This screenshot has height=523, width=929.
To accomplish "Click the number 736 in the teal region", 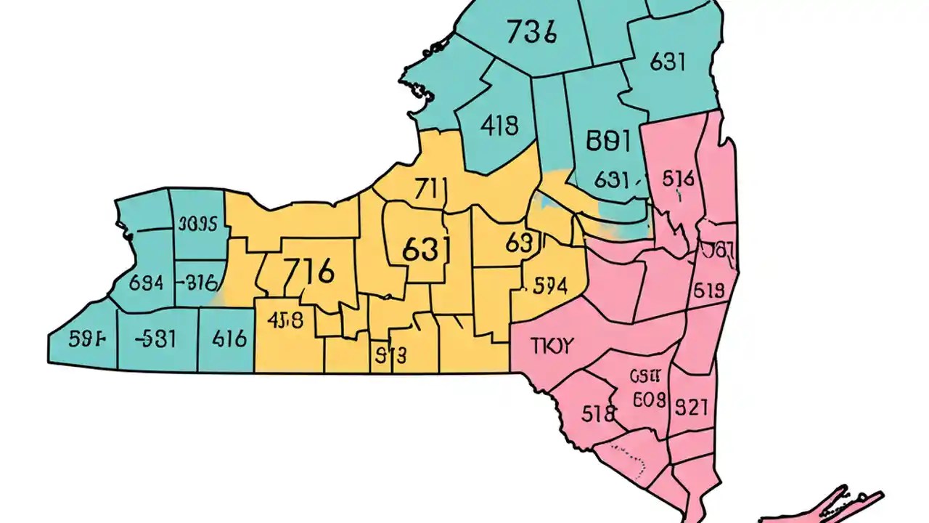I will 531,33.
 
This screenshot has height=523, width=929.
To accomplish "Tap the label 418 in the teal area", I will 499,126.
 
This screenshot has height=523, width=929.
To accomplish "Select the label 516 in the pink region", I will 679,178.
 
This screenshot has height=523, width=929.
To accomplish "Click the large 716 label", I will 308,272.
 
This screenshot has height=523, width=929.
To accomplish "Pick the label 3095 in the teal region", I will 197,224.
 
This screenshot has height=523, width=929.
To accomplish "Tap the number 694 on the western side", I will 145,283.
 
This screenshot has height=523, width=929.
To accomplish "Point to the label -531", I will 156,338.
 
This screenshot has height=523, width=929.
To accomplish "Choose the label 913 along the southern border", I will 390,355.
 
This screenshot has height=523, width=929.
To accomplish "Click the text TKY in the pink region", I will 552,346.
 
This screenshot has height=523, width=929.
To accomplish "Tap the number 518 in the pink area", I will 599,413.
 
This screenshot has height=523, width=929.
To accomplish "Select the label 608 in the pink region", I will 644,399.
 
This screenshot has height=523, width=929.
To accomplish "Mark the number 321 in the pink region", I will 692,406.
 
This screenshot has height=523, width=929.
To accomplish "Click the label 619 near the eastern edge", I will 708,291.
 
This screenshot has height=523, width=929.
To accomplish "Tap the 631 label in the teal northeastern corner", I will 667,62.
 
